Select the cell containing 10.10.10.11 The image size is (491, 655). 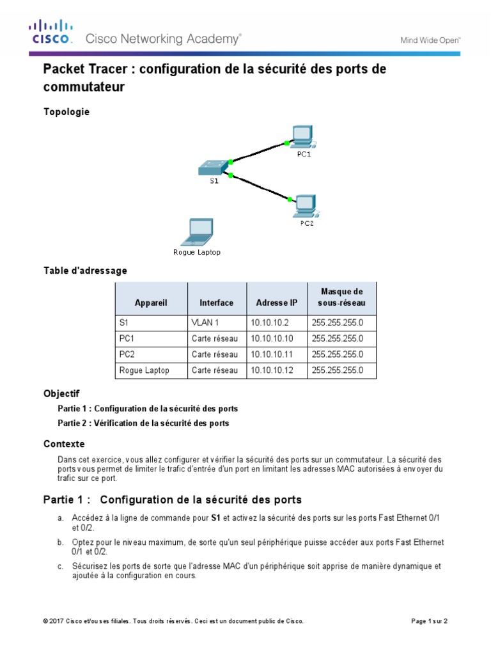(x=272, y=354)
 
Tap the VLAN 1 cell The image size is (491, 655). (x=205, y=323)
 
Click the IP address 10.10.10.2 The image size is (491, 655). (x=269, y=323)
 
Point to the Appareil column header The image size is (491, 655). (x=151, y=303)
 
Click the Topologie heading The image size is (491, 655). (x=66, y=112)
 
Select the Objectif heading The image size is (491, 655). (x=61, y=393)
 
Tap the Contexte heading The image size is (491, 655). (x=64, y=444)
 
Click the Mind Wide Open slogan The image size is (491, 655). (x=430, y=40)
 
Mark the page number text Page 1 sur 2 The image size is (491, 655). (x=428, y=621)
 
